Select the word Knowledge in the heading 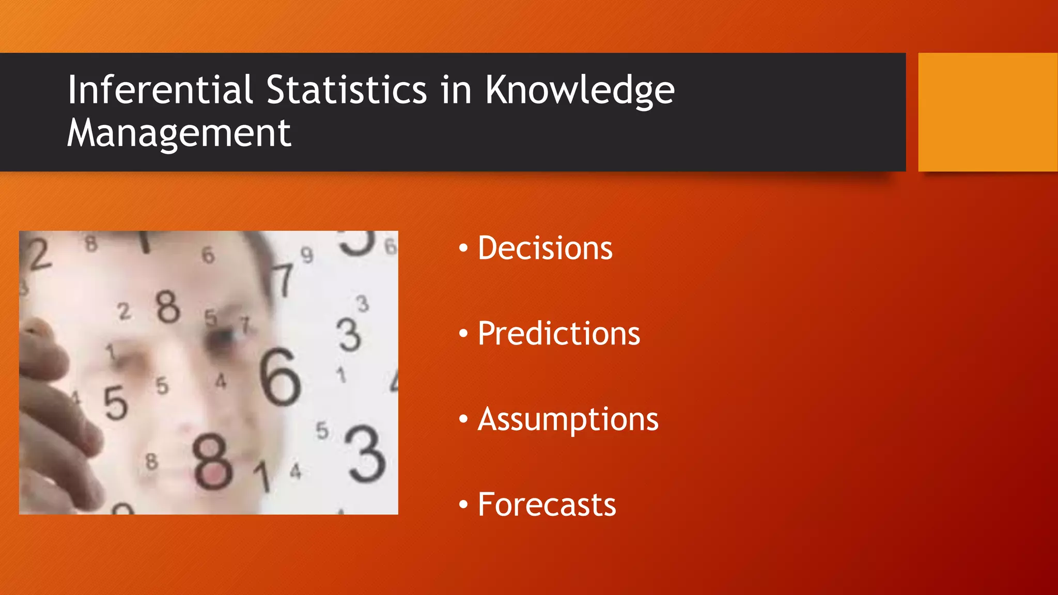tap(580, 91)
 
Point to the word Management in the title tap(179, 133)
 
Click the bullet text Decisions tap(544, 248)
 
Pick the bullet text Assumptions tap(568, 419)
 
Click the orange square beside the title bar tap(987, 112)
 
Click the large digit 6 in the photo tap(279, 377)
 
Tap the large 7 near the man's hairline tap(284, 280)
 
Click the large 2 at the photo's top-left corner tap(39, 255)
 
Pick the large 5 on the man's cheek tap(115, 403)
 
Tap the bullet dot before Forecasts tap(463, 505)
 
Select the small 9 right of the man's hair tap(307, 255)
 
